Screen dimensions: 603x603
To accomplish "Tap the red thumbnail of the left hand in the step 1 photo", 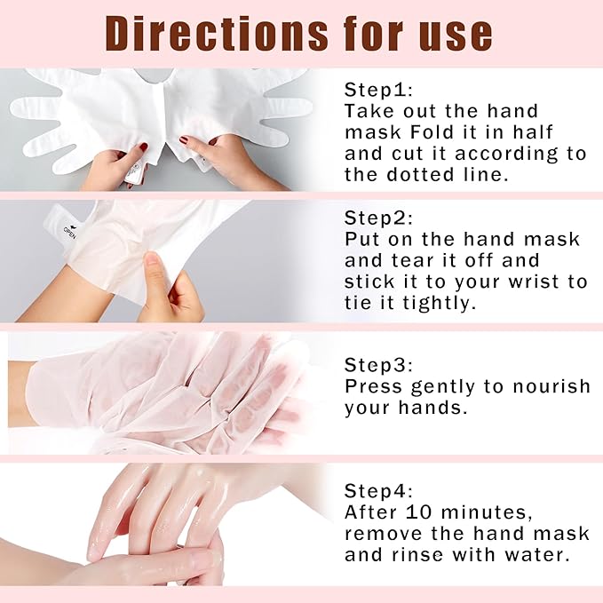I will (x=142, y=147).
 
